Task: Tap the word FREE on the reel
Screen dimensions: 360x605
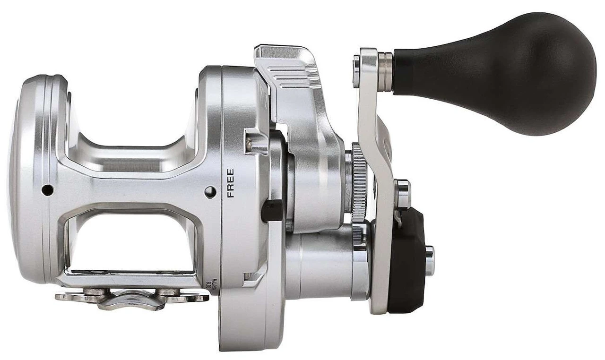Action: coord(231,183)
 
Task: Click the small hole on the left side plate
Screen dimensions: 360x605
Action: coord(47,190)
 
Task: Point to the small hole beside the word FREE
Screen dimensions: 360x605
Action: coord(210,192)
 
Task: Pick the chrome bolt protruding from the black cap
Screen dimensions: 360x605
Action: coord(430,261)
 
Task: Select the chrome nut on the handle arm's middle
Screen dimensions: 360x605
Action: coord(402,194)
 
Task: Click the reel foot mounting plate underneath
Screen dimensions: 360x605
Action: coord(132,298)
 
